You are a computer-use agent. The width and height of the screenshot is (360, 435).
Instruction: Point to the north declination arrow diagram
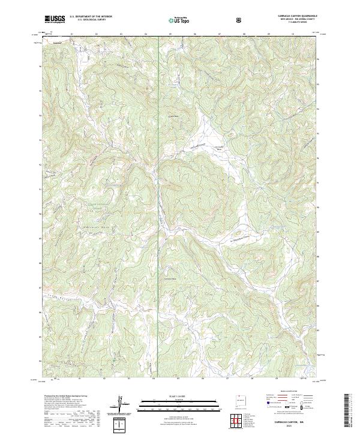122,403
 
